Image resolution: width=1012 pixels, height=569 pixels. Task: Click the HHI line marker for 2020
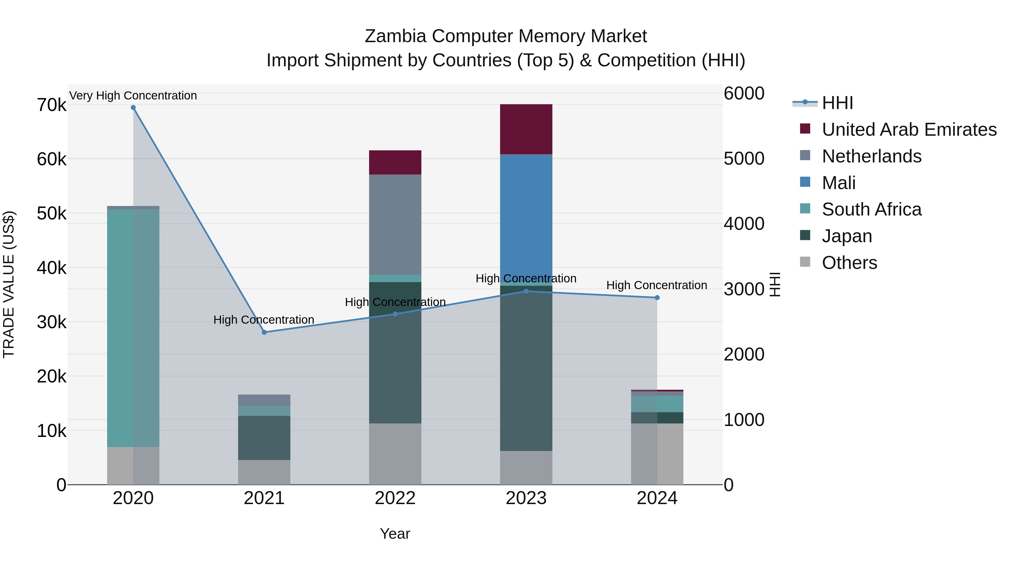coord(133,108)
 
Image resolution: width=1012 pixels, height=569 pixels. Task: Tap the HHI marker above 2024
coord(657,298)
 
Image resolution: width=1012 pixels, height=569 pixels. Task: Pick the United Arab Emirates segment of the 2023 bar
coord(526,129)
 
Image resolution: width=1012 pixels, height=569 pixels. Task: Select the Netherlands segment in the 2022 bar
coord(395,224)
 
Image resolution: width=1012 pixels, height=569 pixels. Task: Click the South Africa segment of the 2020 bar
coord(133,328)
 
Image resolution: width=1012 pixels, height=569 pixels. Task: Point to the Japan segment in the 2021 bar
coord(264,437)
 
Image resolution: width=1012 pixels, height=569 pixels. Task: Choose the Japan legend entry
coord(847,236)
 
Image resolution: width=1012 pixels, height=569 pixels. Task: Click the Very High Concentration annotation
coord(133,96)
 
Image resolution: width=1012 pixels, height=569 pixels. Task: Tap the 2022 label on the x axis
coord(395,498)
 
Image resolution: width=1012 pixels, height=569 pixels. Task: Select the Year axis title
coord(395,534)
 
